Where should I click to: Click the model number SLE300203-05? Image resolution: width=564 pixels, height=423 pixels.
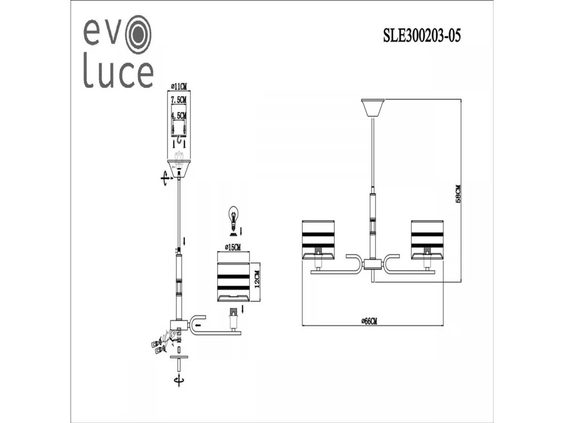(x=422, y=35)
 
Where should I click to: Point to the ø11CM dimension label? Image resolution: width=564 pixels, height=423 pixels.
(x=179, y=87)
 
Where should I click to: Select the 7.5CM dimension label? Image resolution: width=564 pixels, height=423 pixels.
(x=179, y=100)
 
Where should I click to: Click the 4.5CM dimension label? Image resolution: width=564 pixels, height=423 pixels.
(x=179, y=115)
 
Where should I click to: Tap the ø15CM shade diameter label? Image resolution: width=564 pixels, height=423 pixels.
(x=233, y=247)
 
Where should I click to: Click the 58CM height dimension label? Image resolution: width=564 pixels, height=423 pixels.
(x=458, y=194)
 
